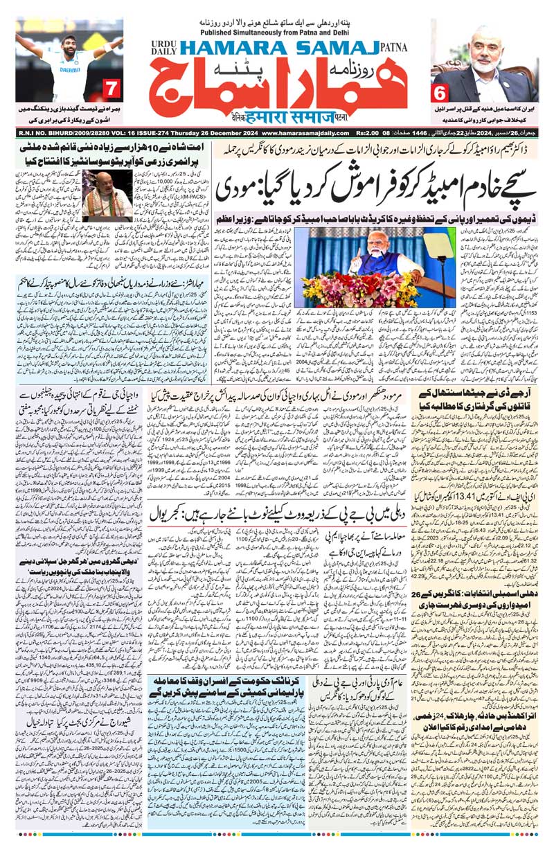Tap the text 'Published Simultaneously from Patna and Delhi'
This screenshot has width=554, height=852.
click(x=276, y=30)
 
